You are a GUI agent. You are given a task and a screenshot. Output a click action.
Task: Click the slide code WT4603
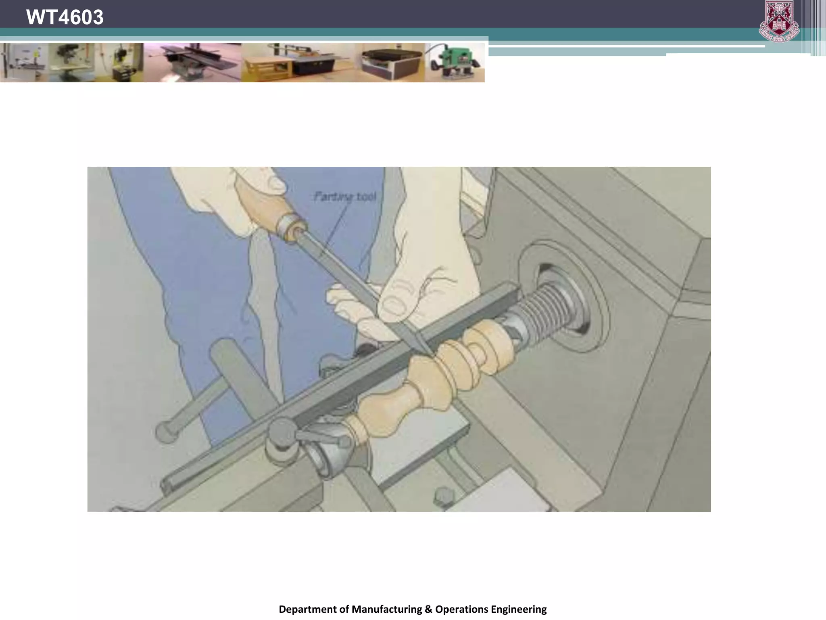click(65, 17)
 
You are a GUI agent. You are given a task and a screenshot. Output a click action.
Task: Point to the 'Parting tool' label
click(345, 197)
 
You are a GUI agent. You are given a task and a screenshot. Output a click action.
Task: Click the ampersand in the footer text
click(428, 609)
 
